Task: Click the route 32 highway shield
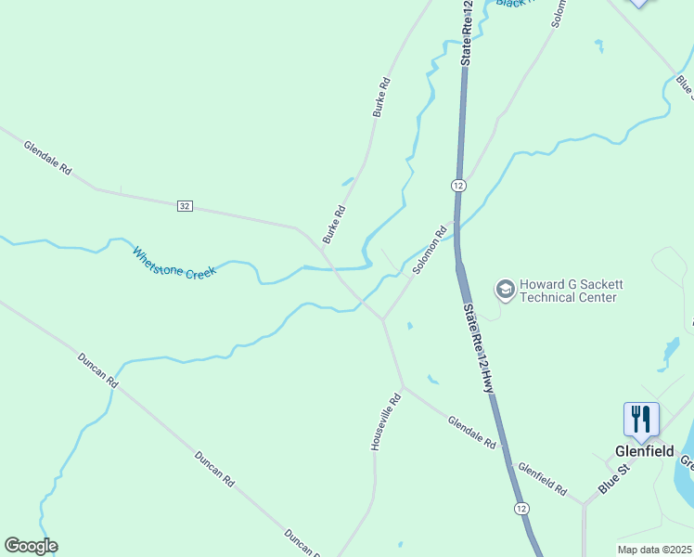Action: tap(185, 205)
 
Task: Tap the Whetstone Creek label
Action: tap(173, 262)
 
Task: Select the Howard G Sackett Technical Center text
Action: tap(568, 291)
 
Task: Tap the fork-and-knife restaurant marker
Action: tap(641, 420)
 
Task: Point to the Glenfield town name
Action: tap(643, 451)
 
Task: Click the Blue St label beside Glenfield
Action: tap(613, 479)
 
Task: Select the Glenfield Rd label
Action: tap(542, 479)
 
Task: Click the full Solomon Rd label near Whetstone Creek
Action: tap(431, 250)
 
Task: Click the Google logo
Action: tap(31, 546)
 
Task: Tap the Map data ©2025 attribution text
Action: tap(654, 550)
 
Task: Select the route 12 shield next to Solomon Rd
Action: tap(458, 186)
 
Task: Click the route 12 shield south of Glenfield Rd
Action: tap(520, 509)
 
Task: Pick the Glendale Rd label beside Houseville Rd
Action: tap(471, 433)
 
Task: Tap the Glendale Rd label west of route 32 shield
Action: tap(47, 158)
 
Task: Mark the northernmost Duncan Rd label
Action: tap(98, 369)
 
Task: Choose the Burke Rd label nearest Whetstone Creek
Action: tap(333, 224)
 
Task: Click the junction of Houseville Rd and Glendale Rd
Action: tap(402, 385)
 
